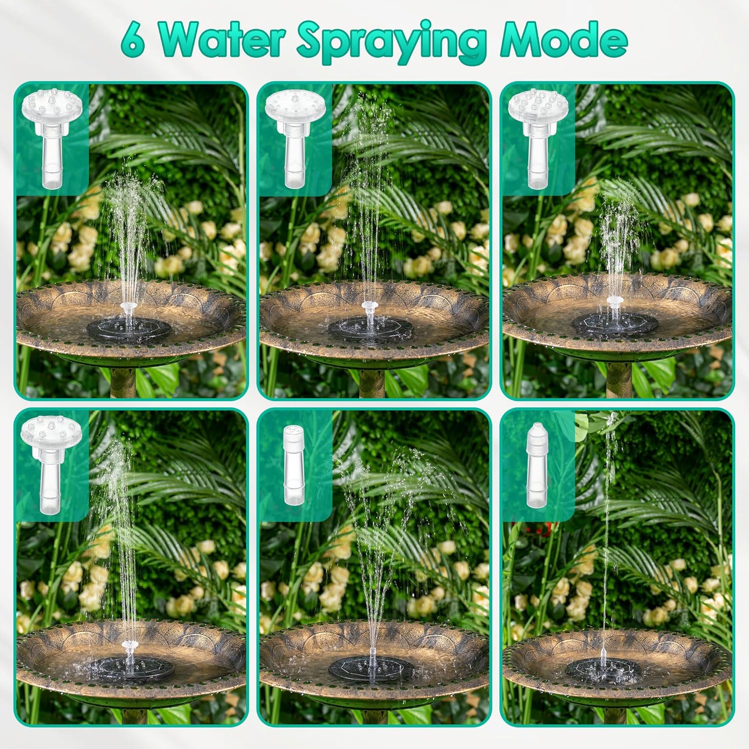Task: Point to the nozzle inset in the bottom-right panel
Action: [x=537, y=465]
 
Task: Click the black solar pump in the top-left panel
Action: [x=129, y=328]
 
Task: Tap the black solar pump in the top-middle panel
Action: [x=371, y=328]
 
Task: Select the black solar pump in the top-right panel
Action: [x=615, y=325]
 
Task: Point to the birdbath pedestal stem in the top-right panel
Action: [x=618, y=379]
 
